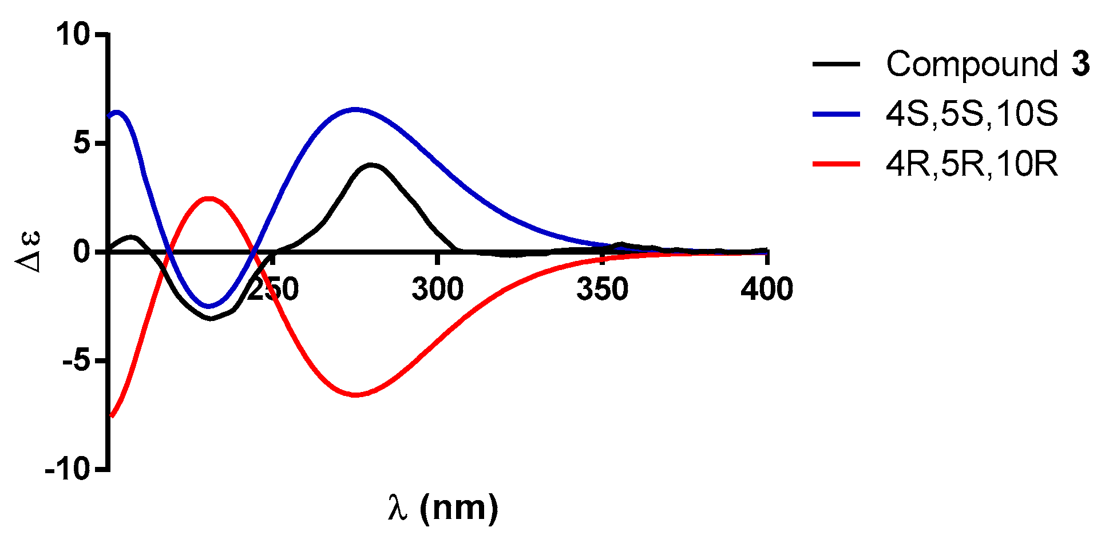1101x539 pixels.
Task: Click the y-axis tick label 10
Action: tap(73, 35)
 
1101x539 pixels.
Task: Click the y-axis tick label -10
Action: tap(68, 470)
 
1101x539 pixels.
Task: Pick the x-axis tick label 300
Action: tap(437, 289)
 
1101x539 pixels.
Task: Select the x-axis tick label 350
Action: tap(602, 289)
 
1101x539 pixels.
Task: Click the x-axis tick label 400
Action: tap(766, 289)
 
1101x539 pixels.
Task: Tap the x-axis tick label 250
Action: tap(274, 289)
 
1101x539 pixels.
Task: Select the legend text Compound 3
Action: tap(988, 64)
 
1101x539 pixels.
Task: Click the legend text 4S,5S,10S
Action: tap(972, 114)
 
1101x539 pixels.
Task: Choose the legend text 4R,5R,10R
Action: tap(972, 164)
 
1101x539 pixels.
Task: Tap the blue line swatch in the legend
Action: tap(836, 114)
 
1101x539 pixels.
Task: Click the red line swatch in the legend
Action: tap(836, 164)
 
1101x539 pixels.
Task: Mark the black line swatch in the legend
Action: tap(836, 64)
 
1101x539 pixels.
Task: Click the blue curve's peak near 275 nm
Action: tap(355, 109)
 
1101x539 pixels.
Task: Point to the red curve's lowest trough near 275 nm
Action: tap(355, 395)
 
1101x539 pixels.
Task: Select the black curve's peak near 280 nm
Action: tap(372, 165)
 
